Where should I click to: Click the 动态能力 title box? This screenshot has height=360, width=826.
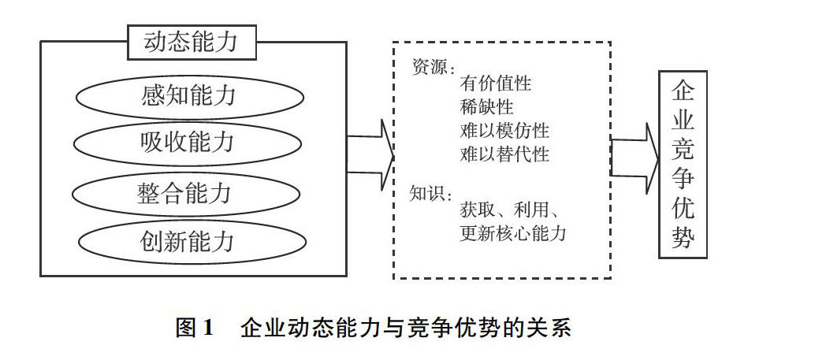192,42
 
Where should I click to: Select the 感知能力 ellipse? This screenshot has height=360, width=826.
189,98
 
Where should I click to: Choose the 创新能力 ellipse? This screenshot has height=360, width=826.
189,239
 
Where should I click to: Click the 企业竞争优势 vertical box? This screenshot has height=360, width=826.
683,165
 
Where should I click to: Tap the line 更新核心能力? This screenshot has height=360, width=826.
513,233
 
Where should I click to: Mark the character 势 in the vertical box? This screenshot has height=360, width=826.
683,236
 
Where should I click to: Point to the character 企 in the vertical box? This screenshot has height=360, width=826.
683,89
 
